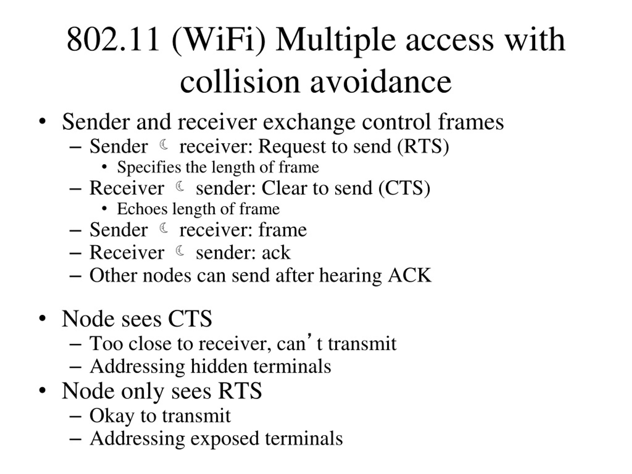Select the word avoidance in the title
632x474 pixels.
pos(381,81)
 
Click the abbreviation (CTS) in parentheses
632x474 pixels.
pos(404,188)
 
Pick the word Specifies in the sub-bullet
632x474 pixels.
pos(149,168)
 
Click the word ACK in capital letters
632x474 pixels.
pos(409,276)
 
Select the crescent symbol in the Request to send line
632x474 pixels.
pos(164,145)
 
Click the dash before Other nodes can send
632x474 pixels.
pos(76,276)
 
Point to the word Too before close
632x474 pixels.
pos(106,344)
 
